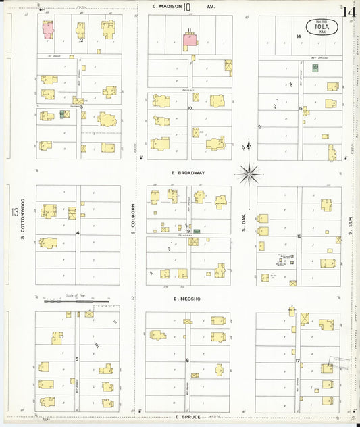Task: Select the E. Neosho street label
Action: [x=188, y=298]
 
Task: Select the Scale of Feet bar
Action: [x=75, y=301]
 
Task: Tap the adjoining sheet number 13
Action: [x=14, y=213]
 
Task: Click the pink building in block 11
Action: [x=190, y=41]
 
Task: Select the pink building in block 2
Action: [x=48, y=29]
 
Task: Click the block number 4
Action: [x=78, y=233]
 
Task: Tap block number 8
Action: [x=187, y=361]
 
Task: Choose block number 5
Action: [x=77, y=359]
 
